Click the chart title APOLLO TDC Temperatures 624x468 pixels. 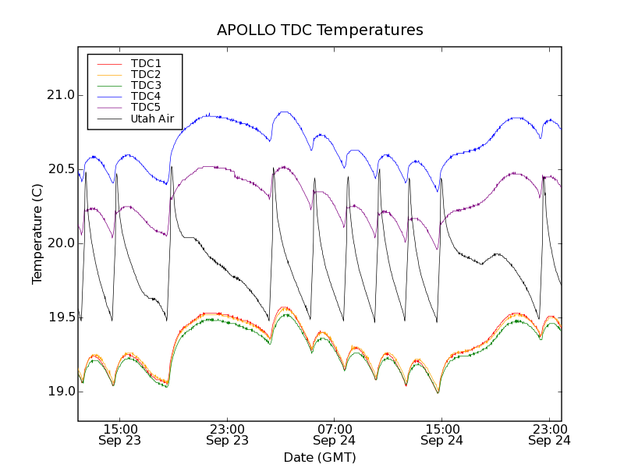(320, 30)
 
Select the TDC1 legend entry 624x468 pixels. (146, 63)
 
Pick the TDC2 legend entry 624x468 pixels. (146, 74)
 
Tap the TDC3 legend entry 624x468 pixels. (146, 85)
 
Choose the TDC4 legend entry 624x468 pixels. (146, 96)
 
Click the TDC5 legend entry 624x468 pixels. (146, 107)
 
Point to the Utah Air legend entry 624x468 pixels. (152, 119)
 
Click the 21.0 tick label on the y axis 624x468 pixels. (59, 95)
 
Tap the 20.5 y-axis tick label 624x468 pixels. (59, 169)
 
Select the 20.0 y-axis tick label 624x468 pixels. (59, 243)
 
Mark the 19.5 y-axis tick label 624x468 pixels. (59, 317)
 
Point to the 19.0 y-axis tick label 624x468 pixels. (59, 392)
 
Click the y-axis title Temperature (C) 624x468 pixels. (37, 234)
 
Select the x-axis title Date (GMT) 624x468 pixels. (320, 457)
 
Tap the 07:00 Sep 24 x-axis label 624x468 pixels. (335, 434)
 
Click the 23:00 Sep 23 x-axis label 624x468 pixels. (228, 434)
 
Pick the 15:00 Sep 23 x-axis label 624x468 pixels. (120, 434)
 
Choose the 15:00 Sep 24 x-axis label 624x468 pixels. (441, 434)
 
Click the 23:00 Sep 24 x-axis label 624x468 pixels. (549, 434)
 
